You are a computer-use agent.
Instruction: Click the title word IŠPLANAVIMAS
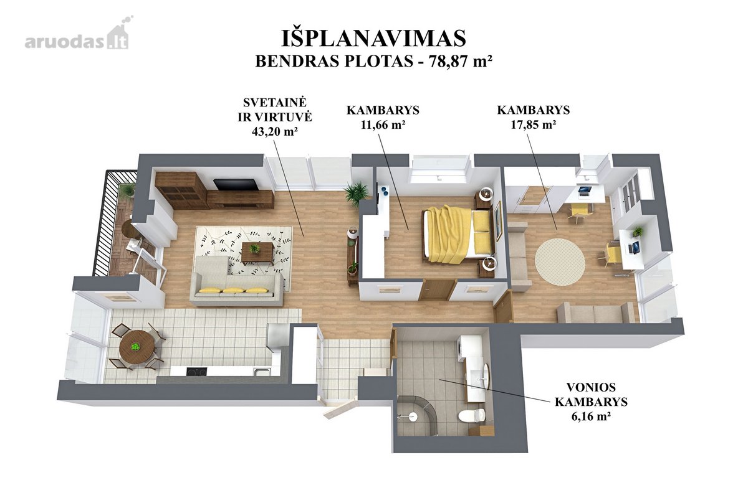click(x=373, y=38)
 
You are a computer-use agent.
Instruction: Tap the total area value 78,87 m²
click(x=461, y=61)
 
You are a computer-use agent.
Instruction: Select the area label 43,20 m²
click(x=275, y=131)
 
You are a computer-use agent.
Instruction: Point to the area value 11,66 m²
click(x=383, y=125)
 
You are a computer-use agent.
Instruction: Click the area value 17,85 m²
click(x=534, y=125)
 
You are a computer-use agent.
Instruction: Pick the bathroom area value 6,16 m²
click(x=592, y=416)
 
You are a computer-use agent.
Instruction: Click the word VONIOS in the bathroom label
click(x=591, y=387)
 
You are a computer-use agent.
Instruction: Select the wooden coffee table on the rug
click(x=258, y=252)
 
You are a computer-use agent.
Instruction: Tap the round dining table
click(x=137, y=347)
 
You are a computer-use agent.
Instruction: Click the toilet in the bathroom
click(x=471, y=416)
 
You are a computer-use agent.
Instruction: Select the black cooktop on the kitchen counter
click(x=197, y=371)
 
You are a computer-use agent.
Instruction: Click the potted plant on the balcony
click(x=127, y=190)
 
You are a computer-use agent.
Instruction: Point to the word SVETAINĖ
click(x=274, y=103)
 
